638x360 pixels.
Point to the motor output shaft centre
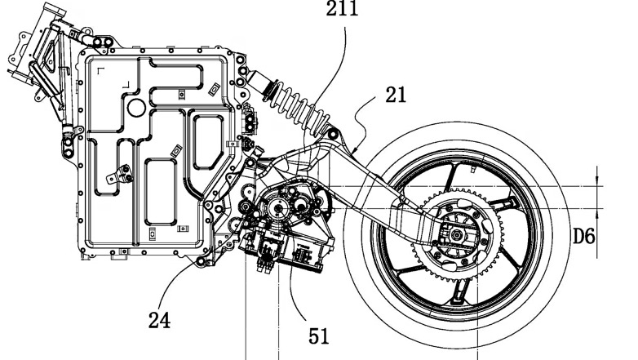(x=277, y=209)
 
